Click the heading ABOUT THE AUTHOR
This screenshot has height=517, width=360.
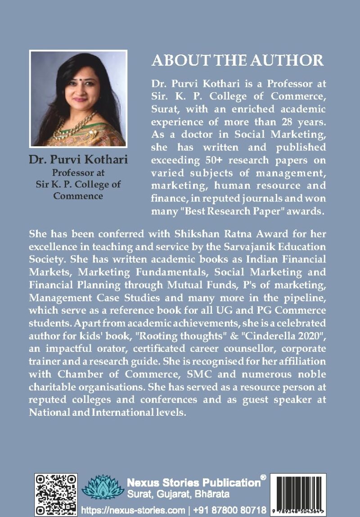pos(238,60)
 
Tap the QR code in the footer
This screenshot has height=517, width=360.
pos(56,494)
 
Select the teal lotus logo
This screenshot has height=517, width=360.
pos(103,487)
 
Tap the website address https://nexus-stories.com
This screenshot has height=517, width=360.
pos(133,510)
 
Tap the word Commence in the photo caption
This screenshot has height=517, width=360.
pos(78,196)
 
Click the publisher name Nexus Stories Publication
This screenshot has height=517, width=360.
pos(193,483)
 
